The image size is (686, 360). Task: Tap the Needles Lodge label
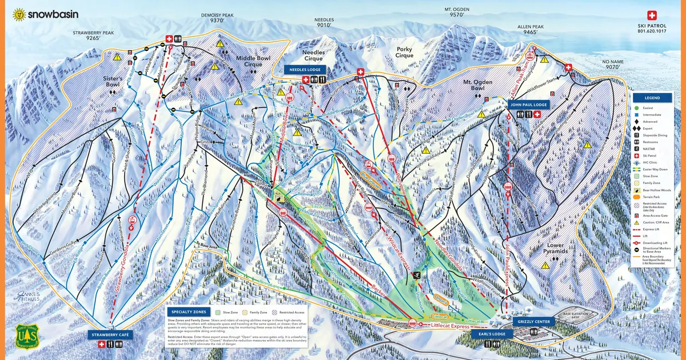pos(305,69)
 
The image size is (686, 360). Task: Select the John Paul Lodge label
pos(528,105)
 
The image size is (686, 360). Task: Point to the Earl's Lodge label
pos(492,334)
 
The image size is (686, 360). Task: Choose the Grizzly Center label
pos(533,322)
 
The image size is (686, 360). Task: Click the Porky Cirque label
pos(404,53)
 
